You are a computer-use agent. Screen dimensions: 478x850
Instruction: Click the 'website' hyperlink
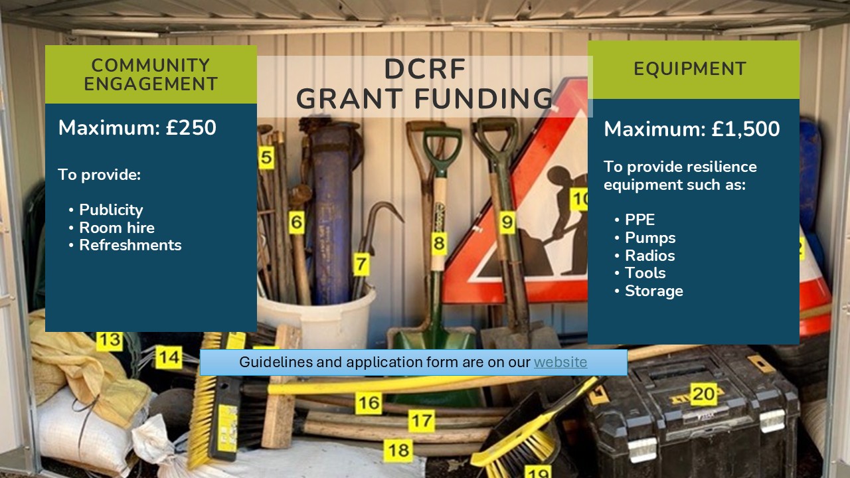pyautogui.click(x=560, y=362)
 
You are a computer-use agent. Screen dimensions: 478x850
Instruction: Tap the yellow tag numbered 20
pyautogui.click(x=703, y=394)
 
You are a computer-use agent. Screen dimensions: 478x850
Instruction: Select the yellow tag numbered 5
pyautogui.click(x=266, y=158)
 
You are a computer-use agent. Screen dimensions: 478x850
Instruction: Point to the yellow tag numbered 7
pyautogui.click(x=361, y=264)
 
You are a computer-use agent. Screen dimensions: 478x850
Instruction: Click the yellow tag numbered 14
pyautogui.click(x=169, y=358)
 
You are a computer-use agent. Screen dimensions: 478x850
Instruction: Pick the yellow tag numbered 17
pyautogui.click(x=420, y=421)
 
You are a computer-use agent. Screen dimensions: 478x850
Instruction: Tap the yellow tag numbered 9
pyautogui.click(x=507, y=222)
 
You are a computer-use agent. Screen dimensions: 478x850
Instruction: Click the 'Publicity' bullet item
pyautogui.click(x=111, y=210)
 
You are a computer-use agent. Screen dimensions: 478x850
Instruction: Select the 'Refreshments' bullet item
pyautogui.click(x=130, y=245)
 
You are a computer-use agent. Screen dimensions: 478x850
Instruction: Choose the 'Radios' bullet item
pyautogui.click(x=649, y=256)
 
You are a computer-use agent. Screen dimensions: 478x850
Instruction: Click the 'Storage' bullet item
pyautogui.click(x=653, y=291)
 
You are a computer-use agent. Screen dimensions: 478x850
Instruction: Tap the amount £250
pyautogui.click(x=191, y=127)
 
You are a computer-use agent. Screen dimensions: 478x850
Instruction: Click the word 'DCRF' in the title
pyautogui.click(x=424, y=70)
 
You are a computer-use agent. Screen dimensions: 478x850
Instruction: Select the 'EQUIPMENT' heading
pyautogui.click(x=690, y=69)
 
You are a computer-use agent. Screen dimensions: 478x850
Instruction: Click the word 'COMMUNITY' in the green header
pyautogui.click(x=151, y=66)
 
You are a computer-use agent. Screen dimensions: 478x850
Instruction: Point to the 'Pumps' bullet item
pyautogui.click(x=650, y=238)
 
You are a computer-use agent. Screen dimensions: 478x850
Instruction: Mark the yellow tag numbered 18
pyautogui.click(x=398, y=451)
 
